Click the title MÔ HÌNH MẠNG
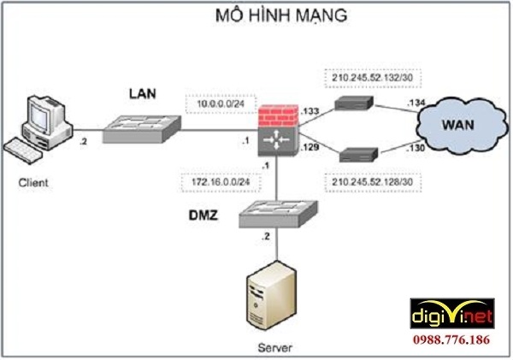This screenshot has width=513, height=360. click(281, 15)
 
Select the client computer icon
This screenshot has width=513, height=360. click(38, 129)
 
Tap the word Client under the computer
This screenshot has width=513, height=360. click(33, 182)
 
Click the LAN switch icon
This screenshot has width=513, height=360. click(142, 129)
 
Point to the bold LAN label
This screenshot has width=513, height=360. click(143, 93)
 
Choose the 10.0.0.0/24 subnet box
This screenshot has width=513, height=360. click(221, 104)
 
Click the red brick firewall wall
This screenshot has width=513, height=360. click(278, 115)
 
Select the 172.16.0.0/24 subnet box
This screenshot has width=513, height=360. click(221, 182)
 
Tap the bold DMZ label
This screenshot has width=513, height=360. click(203, 215)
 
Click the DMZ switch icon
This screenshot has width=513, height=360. click(278, 214)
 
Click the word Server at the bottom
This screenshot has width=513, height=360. click(274, 347)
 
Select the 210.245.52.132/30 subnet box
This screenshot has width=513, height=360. click(373, 78)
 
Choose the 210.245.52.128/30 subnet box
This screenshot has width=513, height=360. click(373, 182)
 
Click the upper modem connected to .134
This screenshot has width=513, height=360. click(354, 103)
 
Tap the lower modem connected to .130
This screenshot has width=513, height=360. click(358, 155)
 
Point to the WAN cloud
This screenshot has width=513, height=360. click(462, 126)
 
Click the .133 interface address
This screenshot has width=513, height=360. click(310, 111)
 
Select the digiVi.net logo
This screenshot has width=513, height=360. click(452, 313)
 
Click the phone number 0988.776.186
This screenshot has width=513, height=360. click(451, 339)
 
